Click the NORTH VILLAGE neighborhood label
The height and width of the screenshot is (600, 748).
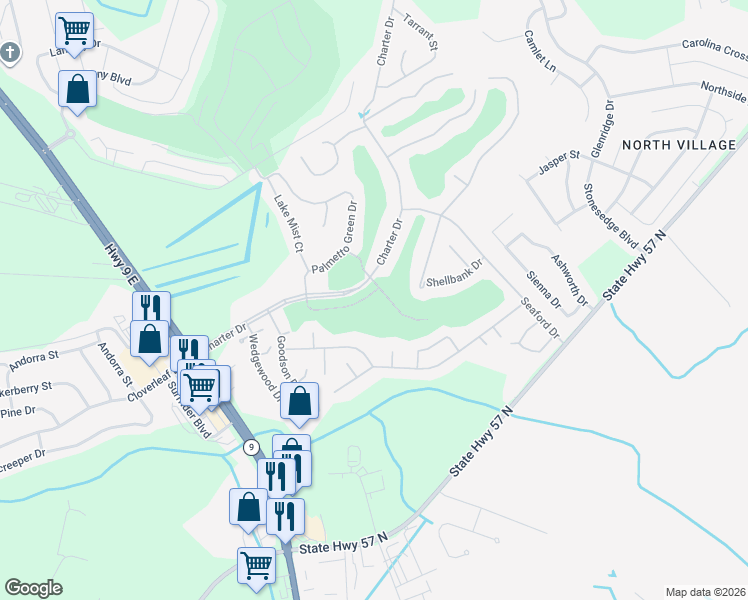pyautogui.click(x=679, y=145)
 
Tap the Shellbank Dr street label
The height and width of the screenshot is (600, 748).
pyautogui.click(x=454, y=269)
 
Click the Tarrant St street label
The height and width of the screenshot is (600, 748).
pyautogui.click(x=422, y=32)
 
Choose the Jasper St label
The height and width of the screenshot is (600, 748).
pyautogui.click(x=560, y=162)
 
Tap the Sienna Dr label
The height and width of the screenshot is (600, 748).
pyautogui.click(x=539, y=283)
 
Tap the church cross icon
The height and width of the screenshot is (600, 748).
pyautogui.click(x=10, y=52)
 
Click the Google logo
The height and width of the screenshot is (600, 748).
pyautogui.click(x=33, y=588)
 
